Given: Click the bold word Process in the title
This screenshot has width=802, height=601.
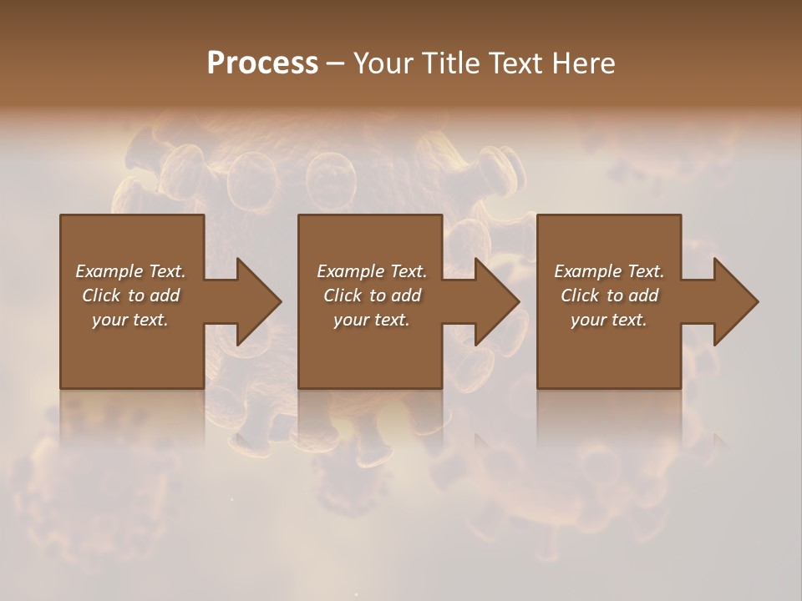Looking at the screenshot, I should (x=262, y=63).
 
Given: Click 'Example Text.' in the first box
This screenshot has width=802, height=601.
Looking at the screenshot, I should (x=130, y=271).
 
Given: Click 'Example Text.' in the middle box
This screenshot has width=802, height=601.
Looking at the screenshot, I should (x=372, y=271).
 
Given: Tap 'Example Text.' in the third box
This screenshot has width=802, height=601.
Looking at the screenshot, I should (x=609, y=271).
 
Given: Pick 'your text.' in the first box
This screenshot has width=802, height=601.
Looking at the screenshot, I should (x=130, y=320).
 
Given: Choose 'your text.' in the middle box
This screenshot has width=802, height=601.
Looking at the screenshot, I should (x=372, y=320).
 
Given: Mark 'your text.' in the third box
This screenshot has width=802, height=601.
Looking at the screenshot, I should (x=609, y=320).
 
